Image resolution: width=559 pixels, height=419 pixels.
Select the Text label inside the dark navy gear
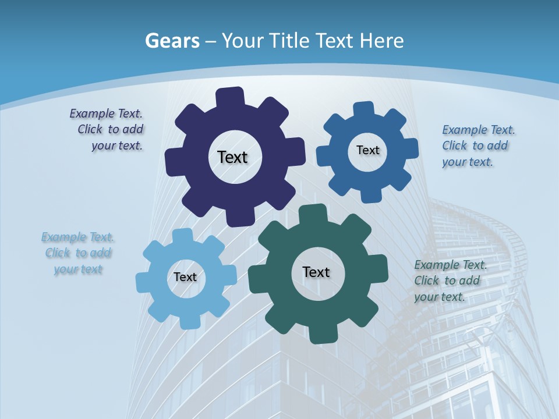[232, 157]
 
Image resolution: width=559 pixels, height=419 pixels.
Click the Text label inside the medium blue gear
[367, 150]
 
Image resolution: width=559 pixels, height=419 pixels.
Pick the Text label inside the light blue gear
[185, 277]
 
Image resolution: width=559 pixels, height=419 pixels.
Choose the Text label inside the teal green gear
[316, 272]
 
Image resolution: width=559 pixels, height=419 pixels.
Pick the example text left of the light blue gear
[78, 253]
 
